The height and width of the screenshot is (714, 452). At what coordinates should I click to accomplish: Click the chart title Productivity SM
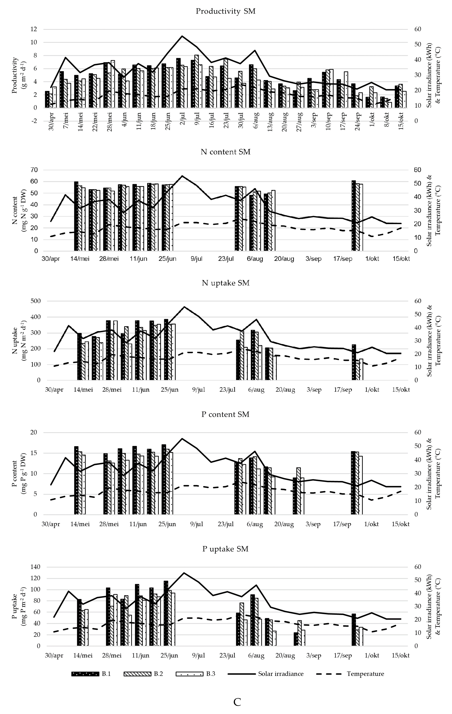[x=226, y=11]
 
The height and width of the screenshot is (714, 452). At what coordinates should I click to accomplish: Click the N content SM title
[x=226, y=152]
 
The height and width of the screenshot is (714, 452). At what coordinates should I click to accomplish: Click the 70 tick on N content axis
[x=35, y=170]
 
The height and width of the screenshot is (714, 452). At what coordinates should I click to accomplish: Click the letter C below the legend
[x=237, y=702]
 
